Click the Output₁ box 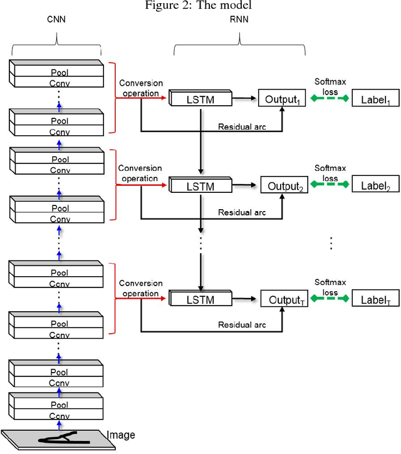click(282, 98)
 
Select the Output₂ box click(285, 185)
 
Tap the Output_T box click(285, 299)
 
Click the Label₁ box click(375, 98)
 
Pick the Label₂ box click(375, 185)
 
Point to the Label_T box click(375, 299)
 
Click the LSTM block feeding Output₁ click(200, 99)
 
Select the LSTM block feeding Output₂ click(200, 186)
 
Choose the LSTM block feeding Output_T click(200, 300)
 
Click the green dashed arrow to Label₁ click(330, 98)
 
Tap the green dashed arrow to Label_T click(330, 299)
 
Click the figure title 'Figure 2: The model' click(200, 6)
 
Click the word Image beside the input click(120, 435)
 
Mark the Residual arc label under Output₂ click(242, 212)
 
